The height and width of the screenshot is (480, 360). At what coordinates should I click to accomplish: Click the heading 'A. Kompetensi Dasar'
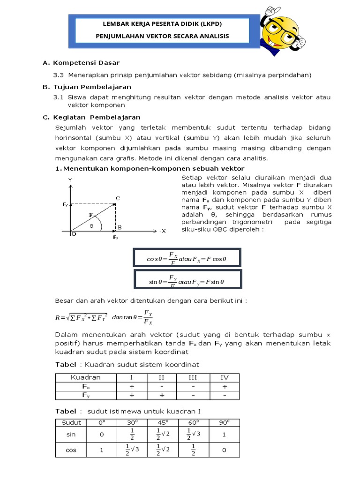tap(81, 63)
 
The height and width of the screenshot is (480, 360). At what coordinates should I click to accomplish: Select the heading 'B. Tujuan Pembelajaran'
tap(87, 87)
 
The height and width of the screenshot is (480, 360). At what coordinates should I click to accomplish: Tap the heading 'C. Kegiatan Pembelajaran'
tap(91, 117)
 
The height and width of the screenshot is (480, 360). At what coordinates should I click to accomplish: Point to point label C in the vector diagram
tap(118, 198)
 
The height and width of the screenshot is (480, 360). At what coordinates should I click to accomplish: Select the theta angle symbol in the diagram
tap(92, 225)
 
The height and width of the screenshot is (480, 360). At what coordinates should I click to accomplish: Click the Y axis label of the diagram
tap(70, 180)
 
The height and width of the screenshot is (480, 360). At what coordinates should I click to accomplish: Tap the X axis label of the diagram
tap(164, 231)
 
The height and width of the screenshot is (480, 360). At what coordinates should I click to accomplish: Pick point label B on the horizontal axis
tap(120, 227)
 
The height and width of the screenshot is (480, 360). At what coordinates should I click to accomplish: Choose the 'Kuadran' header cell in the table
tap(85, 377)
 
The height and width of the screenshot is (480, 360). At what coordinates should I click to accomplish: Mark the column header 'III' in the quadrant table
tap(193, 377)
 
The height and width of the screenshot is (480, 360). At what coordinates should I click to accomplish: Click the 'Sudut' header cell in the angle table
tap(71, 422)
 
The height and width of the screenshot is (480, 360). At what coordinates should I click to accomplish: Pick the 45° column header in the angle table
tap(163, 422)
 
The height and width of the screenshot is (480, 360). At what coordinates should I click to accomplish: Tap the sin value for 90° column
tap(224, 435)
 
